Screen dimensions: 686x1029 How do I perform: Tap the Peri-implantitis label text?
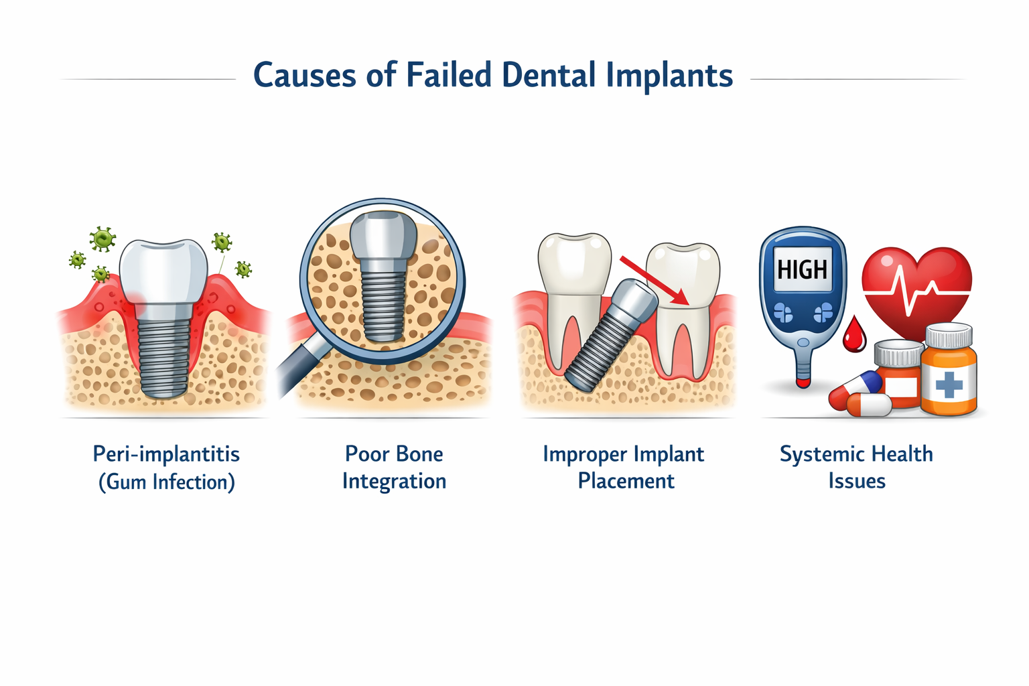(x=166, y=454)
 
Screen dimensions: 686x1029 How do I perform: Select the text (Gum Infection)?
(x=166, y=482)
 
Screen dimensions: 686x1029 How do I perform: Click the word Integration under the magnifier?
(x=394, y=481)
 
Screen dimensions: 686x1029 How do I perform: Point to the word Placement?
(x=626, y=481)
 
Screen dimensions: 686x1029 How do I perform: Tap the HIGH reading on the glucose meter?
(x=803, y=269)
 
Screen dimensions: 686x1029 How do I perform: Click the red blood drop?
(x=853, y=336)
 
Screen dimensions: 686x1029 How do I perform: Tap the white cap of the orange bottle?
(x=949, y=335)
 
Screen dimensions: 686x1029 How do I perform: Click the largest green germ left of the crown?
(x=102, y=238)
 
